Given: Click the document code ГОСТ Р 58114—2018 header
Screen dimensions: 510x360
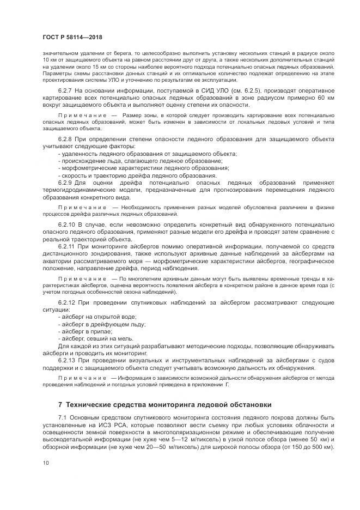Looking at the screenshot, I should pos(72,37).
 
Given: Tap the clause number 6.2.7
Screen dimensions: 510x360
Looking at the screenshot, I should pos(65,89).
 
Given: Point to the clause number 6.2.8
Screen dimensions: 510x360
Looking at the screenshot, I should pos(65,139).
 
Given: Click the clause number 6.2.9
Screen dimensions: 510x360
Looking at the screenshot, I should pos(65,183).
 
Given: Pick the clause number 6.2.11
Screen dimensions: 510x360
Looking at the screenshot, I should pos(66,246).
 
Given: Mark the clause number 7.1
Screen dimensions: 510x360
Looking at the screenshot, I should pos(62,417).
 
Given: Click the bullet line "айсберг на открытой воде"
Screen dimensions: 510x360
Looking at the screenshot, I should pos(98,317).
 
